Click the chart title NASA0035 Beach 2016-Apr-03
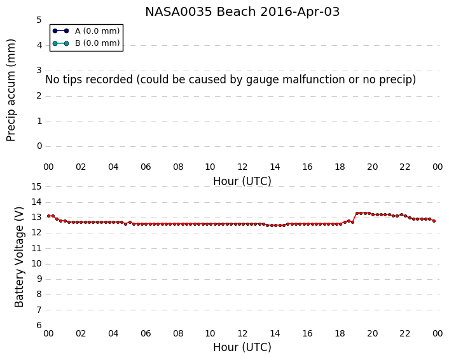[242, 12]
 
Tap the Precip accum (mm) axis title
[11, 90]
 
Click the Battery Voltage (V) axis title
[19, 257]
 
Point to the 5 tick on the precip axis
[39, 20]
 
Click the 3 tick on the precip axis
[39, 71]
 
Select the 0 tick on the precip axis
[39, 146]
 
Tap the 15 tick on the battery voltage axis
[36, 187]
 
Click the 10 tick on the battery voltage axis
[36, 263]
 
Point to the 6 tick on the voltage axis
[39, 325]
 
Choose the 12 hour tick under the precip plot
[242, 167]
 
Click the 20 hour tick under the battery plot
[372, 334]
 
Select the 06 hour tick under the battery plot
[146, 334]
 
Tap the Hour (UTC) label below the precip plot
[242, 181]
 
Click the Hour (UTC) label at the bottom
[242, 347]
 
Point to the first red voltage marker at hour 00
[49, 216]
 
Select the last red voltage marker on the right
[434, 221]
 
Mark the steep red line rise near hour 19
[354, 218]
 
